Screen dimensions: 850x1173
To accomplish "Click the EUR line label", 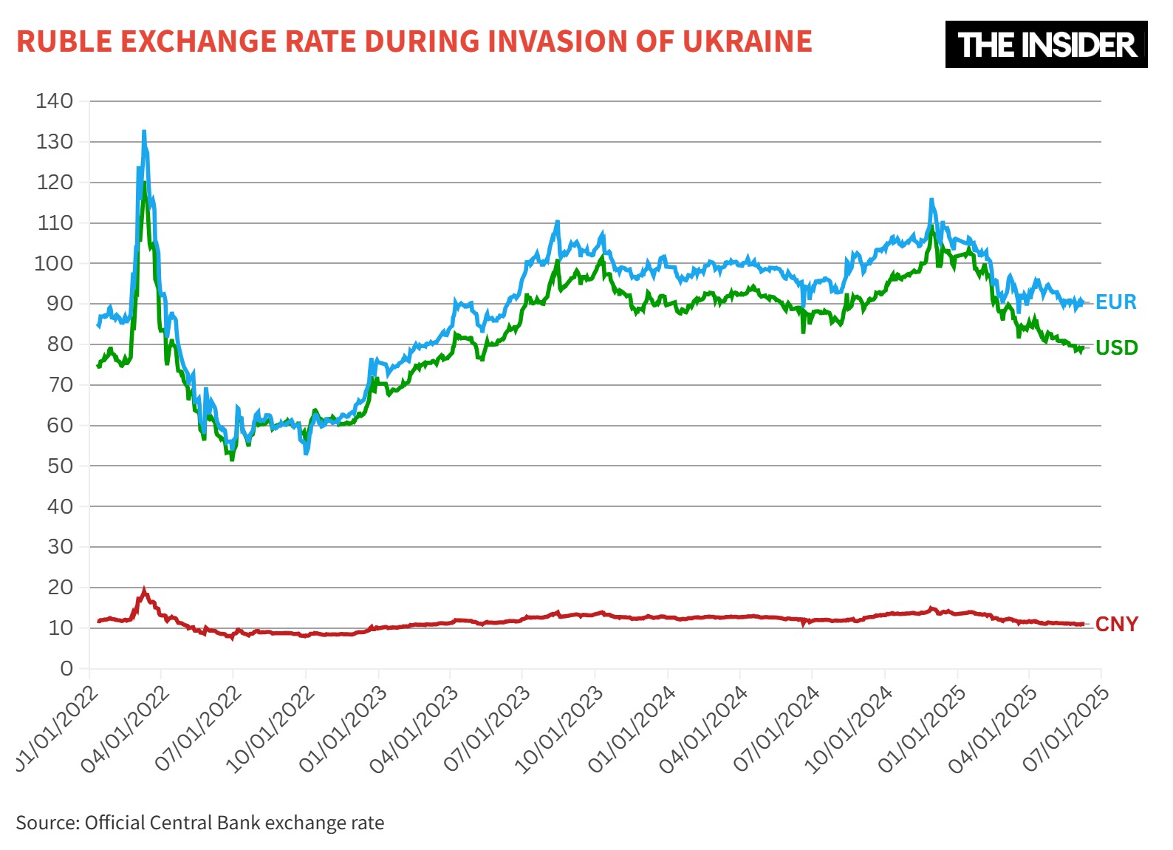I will point(1115,302).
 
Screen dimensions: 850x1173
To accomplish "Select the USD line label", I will point(1116,347).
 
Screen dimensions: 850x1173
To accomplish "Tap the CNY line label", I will point(1116,625).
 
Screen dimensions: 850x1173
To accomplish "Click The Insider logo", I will point(1046,45).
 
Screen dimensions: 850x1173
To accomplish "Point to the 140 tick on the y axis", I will point(55,101).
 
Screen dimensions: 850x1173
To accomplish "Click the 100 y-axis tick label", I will point(55,263).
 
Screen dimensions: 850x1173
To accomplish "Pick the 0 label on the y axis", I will point(66,668).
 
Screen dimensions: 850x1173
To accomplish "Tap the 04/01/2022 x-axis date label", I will point(126,730).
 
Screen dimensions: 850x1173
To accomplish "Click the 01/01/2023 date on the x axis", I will point(343,730).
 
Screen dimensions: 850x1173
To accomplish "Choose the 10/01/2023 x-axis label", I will point(559,730).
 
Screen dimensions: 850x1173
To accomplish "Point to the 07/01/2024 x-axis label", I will point(776,730).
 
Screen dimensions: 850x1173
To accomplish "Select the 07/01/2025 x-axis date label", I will point(1066,730).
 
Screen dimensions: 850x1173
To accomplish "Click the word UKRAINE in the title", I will point(747,41).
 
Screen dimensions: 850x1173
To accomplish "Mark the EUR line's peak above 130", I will point(144,132).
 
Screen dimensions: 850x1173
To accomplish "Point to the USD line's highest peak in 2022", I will point(144,183).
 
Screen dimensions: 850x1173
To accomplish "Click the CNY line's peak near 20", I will point(144,591).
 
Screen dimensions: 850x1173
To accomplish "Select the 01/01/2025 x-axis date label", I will point(921,730).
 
